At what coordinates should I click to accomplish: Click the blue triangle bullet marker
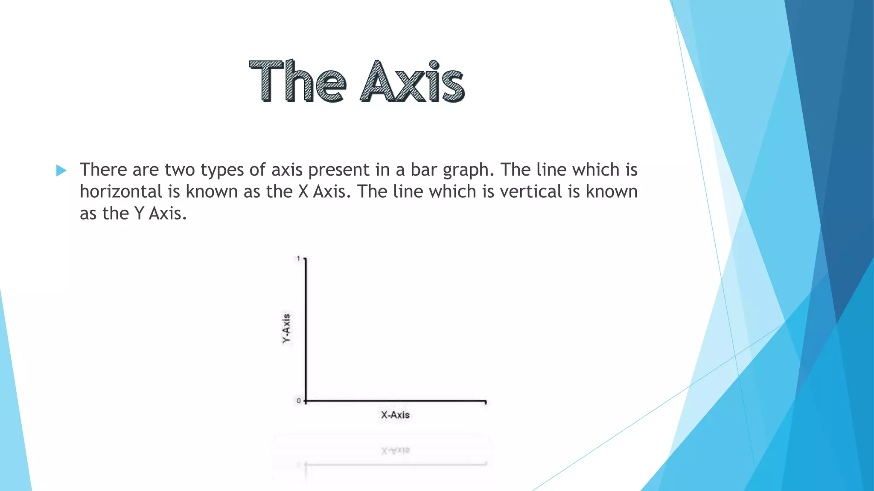coord(61,170)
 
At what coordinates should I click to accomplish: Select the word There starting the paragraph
coord(103,170)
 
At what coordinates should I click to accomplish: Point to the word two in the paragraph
coord(180,170)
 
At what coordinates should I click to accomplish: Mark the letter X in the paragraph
coord(303,191)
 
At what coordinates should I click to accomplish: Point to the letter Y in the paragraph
coord(139,214)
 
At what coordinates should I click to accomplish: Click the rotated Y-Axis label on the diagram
coord(286,328)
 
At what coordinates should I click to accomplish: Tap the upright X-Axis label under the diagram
coord(395,415)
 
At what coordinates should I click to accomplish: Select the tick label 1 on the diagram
coord(298,258)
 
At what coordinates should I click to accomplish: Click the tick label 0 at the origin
coord(299,401)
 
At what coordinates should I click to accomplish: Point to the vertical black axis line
coord(306,328)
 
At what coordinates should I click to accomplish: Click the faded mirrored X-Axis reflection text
coord(395,450)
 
